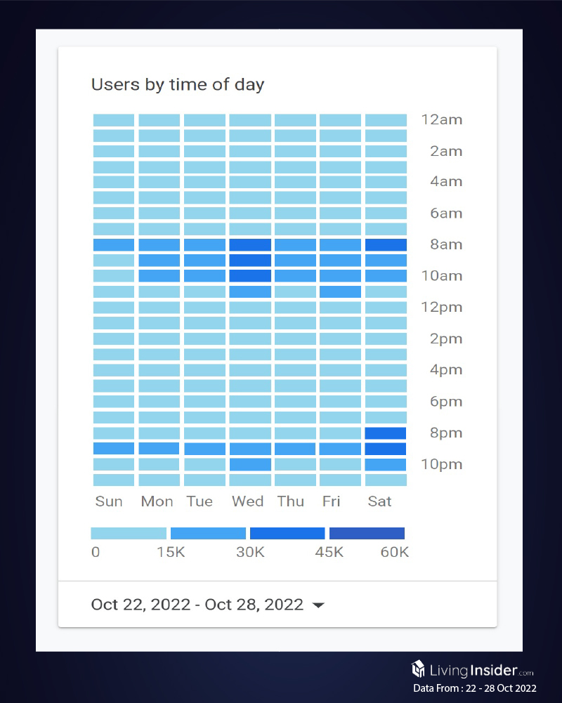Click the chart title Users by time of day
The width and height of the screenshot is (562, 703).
click(x=178, y=85)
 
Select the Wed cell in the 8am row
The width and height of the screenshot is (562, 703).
click(x=250, y=245)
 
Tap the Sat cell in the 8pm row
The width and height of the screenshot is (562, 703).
click(x=386, y=433)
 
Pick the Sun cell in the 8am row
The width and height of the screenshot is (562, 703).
click(x=114, y=245)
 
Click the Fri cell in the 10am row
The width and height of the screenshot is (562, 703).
click(x=340, y=276)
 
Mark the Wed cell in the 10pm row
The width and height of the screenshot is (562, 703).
click(x=250, y=464)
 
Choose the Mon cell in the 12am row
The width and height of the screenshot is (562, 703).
click(x=159, y=120)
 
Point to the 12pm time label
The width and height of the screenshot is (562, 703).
click(x=442, y=307)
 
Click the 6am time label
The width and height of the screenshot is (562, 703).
click(x=446, y=213)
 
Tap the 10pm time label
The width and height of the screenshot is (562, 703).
click(x=442, y=464)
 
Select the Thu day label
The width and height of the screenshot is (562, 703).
click(x=291, y=501)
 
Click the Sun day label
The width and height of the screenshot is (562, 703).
click(x=109, y=501)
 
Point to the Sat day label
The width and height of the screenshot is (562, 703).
click(x=379, y=501)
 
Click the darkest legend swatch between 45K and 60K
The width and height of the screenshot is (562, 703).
click(x=367, y=533)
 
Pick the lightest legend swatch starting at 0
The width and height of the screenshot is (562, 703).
click(x=129, y=533)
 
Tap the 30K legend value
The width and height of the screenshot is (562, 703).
click(x=249, y=552)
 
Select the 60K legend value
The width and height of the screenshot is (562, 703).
click(x=394, y=552)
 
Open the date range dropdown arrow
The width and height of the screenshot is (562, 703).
click(x=318, y=605)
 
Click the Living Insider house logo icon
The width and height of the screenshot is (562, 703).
click(x=419, y=669)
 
